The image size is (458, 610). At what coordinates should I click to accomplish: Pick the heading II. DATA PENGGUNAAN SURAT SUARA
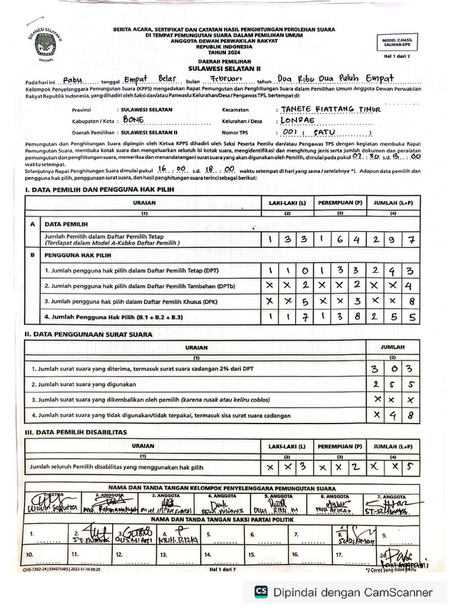tap(88, 334)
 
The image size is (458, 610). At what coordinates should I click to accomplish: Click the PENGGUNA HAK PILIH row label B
tap(32, 255)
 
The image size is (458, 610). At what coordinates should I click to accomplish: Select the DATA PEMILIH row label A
tap(32, 224)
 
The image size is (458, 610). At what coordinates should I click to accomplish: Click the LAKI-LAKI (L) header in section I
tap(287, 203)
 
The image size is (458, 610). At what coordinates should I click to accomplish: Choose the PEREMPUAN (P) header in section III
tap(340, 446)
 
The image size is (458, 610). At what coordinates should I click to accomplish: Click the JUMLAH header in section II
tap(392, 347)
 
